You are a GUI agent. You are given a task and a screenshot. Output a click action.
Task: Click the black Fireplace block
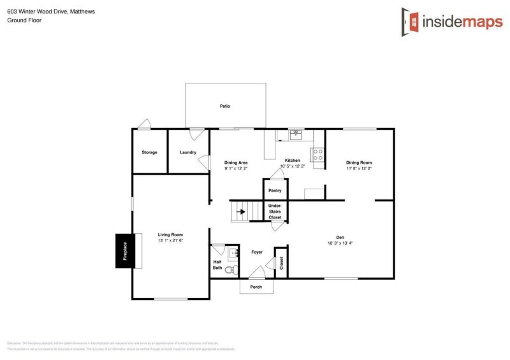(x=124, y=251)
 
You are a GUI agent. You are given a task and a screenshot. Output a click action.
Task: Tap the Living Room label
(x=170, y=234)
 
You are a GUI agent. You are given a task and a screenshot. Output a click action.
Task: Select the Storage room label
(x=149, y=152)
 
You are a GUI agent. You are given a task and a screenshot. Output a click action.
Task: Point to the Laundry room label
(x=188, y=152)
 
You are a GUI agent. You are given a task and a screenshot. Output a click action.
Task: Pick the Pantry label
(x=275, y=191)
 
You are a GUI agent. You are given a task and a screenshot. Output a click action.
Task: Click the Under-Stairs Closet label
(x=275, y=212)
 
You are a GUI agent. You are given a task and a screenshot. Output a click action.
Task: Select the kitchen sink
(x=296, y=134)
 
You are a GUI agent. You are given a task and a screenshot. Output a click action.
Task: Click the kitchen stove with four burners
(x=317, y=154)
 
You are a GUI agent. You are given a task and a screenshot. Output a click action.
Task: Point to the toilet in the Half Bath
(x=235, y=270)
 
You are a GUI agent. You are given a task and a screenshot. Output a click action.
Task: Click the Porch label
(x=256, y=287)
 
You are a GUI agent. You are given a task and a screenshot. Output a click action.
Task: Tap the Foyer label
(x=257, y=253)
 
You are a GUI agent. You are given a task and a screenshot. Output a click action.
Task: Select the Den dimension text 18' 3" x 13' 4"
(x=340, y=243)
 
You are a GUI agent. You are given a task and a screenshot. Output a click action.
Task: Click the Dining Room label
(x=358, y=162)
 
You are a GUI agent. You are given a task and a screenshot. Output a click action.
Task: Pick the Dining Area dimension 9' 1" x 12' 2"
(x=236, y=169)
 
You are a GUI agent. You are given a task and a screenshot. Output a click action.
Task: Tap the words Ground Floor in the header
(x=24, y=20)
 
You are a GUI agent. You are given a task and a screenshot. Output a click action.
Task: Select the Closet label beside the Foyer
(x=281, y=263)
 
